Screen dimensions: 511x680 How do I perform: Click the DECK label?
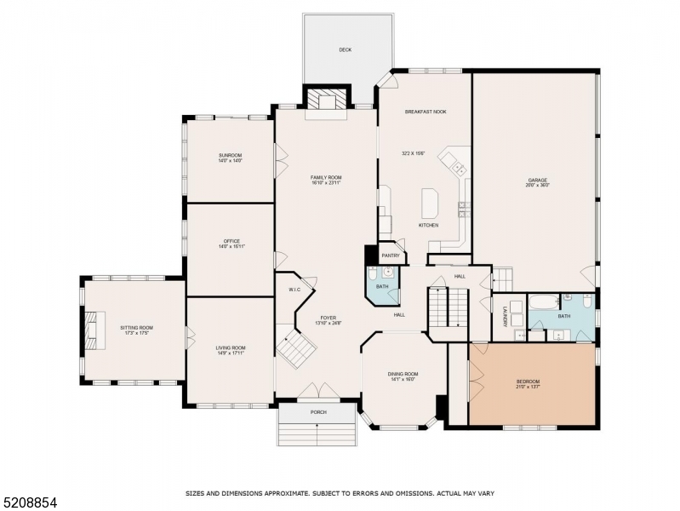(x=345, y=50)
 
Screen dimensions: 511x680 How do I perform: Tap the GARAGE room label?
(x=537, y=181)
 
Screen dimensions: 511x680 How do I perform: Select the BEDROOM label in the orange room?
(x=528, y=382)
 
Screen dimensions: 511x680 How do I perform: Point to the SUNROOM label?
(x=230, y=156)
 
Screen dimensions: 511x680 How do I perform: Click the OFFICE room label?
(x=230, y=243)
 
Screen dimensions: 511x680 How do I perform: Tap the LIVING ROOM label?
(x=230, y=347)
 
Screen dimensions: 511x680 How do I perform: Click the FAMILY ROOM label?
(x=325, y=177)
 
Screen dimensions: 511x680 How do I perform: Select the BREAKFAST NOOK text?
(x=426, y=112)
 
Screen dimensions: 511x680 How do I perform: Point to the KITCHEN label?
(x=428, y=225)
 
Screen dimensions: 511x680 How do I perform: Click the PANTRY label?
(x=391, y=255)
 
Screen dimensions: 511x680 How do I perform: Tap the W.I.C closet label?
(x=295, y=290)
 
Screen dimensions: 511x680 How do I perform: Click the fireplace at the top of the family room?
(x=327, y=100)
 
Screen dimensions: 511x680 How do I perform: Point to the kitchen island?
(x=428, y=204)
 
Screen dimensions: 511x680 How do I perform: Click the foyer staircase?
(x=295, y=349)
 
